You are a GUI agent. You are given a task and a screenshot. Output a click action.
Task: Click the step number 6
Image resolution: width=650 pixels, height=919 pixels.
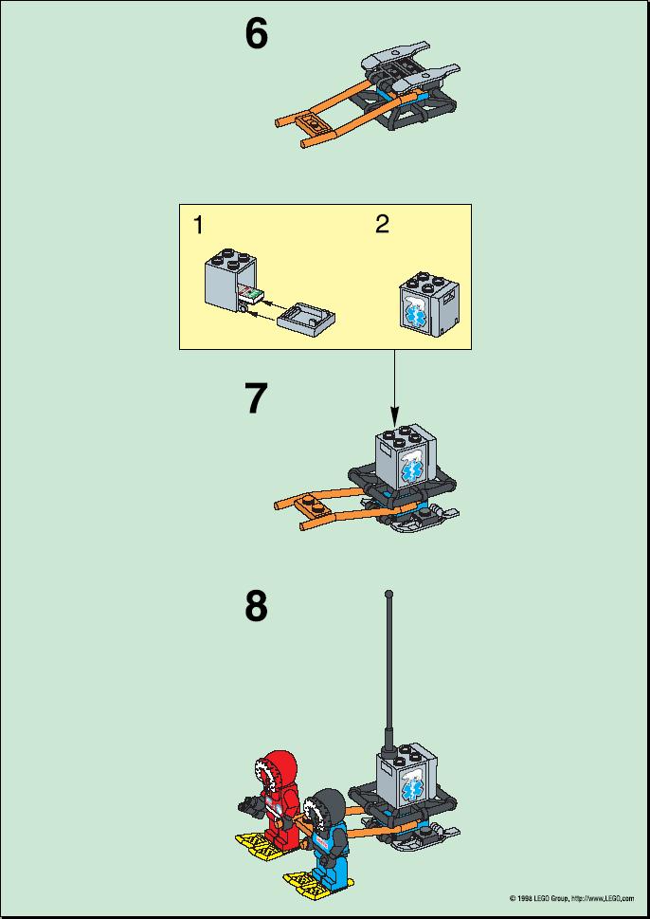pos(256,34)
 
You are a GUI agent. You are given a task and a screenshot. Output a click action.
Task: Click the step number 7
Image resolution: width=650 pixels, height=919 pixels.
pos(256,399)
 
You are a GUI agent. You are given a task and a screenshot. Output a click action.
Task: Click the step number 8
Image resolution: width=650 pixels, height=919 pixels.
pos(256,607)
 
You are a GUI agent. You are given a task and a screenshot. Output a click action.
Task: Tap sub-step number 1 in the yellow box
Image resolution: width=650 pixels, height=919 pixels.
pos(198,225)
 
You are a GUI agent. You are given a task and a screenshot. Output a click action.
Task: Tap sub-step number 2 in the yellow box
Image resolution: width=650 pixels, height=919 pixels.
pos(382,225)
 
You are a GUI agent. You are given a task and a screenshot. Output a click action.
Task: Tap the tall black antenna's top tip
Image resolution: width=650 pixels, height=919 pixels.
pos(388,595)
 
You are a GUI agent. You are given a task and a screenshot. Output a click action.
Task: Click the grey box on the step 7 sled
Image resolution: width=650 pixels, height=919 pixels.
pos(406,459)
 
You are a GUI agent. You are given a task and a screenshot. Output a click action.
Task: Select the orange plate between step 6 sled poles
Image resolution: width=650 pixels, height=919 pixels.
pos(309,121)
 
